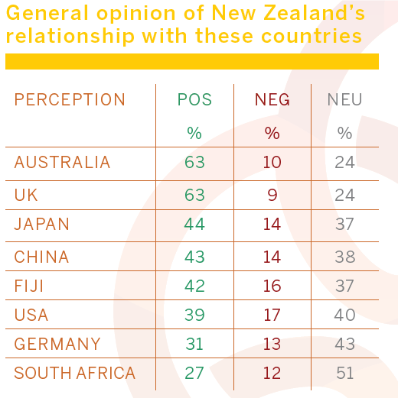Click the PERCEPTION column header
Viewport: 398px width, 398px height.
coord(70,100)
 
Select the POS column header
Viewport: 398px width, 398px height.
coord(194,100)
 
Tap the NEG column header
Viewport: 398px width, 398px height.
coord(272,100)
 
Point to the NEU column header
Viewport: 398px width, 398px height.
coord(344,100)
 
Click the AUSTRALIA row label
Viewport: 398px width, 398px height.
coord(62,163)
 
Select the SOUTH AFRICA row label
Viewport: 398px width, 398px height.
coord(74,374)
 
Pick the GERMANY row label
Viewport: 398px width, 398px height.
coord(57,344)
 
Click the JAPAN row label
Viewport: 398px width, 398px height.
coord(42,225)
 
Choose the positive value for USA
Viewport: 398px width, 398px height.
coord(194,315)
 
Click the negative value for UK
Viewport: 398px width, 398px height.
coord(272,195)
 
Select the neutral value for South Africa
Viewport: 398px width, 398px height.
coord(344,374)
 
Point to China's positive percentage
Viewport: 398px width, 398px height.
coord(194,257)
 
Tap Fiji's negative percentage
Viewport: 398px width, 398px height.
coord(272,286)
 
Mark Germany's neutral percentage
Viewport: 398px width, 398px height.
coord(344,344)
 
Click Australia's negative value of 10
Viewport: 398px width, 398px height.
coord(272,163)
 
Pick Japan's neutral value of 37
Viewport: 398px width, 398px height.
coord(344,225)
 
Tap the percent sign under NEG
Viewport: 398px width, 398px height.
coord(272,133)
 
